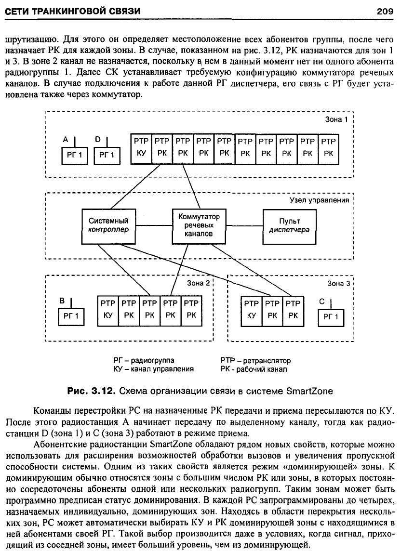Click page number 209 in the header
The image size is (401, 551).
tap(385, 11)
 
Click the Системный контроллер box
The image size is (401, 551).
tap(108, 226)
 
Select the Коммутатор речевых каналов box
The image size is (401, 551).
tap(199, 226)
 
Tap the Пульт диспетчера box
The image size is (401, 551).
tap(290, 226)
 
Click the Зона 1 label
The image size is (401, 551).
tap(336, 119)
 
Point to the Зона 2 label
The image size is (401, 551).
tap(199, 283)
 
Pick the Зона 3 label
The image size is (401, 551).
tap(339, 283)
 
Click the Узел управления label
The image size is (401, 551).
tap(320, 200)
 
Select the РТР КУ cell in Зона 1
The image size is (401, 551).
tap(141, 149)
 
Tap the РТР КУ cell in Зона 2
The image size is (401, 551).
tap(108, 311)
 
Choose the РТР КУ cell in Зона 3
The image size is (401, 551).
tap(252, 311)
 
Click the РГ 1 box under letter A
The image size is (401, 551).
tap(75, 155)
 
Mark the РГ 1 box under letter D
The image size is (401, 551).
tap(107, 155)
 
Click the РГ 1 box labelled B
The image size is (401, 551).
tap(71, 316)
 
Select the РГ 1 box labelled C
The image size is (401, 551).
tap(331, 317)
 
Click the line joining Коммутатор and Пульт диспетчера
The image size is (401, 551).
tap(244, 225)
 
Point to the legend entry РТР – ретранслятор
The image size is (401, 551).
tap(256, 361)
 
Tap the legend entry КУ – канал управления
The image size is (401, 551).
tap(153, 369)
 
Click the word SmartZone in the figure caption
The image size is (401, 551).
tap(310, 391)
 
